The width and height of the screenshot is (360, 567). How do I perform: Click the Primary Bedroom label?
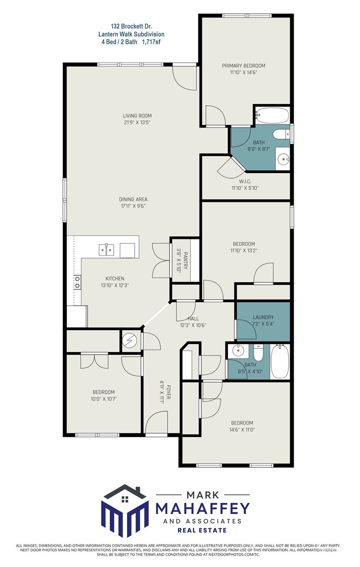tap(243, 66)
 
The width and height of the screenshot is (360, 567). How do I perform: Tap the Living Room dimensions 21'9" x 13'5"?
tap(137, 122)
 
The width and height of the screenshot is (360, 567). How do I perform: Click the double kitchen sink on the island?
tap(107, 250)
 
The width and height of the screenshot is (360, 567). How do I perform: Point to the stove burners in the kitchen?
tap(78, 282)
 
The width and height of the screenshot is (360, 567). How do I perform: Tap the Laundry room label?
tap(263, 317)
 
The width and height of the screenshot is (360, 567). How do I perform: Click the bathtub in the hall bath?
tap(280, 361)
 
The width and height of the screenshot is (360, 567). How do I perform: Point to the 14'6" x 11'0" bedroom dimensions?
tap(243, 430)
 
